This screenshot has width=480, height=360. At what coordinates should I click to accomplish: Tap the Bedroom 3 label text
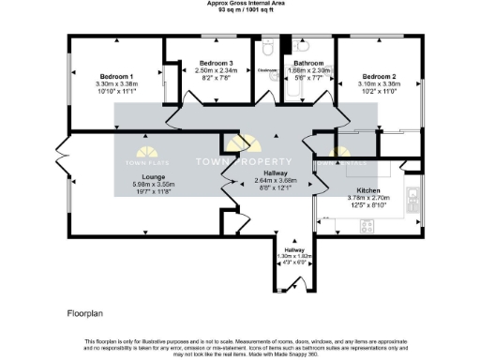215,64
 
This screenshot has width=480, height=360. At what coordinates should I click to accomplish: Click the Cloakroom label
266,69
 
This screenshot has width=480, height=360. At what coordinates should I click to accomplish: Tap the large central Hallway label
275,173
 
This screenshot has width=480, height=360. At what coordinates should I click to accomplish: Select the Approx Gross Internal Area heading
239,4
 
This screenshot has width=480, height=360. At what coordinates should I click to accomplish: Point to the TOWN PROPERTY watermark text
240,162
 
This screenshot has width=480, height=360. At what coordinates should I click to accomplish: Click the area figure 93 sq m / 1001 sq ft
239,10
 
